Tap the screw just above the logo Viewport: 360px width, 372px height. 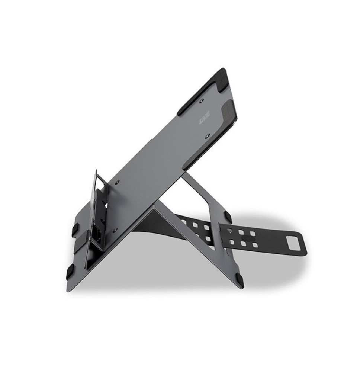202,100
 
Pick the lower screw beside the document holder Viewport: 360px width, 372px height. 115,230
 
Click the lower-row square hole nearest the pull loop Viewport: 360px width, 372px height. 255,245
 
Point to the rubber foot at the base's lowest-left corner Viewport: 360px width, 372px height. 70,272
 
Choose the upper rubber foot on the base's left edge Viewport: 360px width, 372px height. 75,229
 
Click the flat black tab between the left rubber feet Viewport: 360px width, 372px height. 80,247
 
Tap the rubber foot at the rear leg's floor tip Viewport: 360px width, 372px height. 239,279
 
